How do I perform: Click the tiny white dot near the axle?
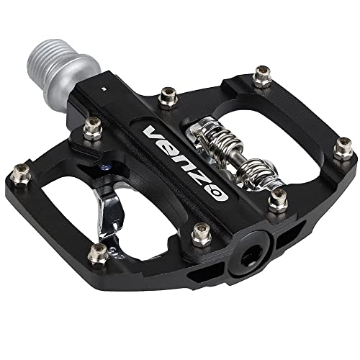[x=104, y=87]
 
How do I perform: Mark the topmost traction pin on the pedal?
[x=261, y=78]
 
